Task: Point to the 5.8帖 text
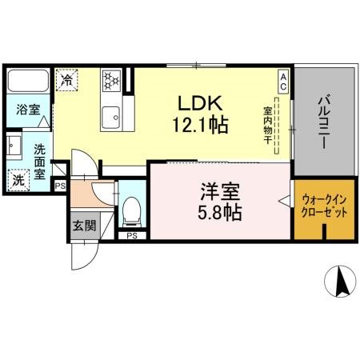coord(216,214)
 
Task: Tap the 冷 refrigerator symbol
coord(67,80)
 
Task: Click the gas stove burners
coord(110,80)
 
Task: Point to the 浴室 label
coord(29,110)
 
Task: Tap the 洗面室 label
coord(40,156)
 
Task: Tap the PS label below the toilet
coord(131,235)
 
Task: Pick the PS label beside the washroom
coord(60,186)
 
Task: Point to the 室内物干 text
coord(267,123)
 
